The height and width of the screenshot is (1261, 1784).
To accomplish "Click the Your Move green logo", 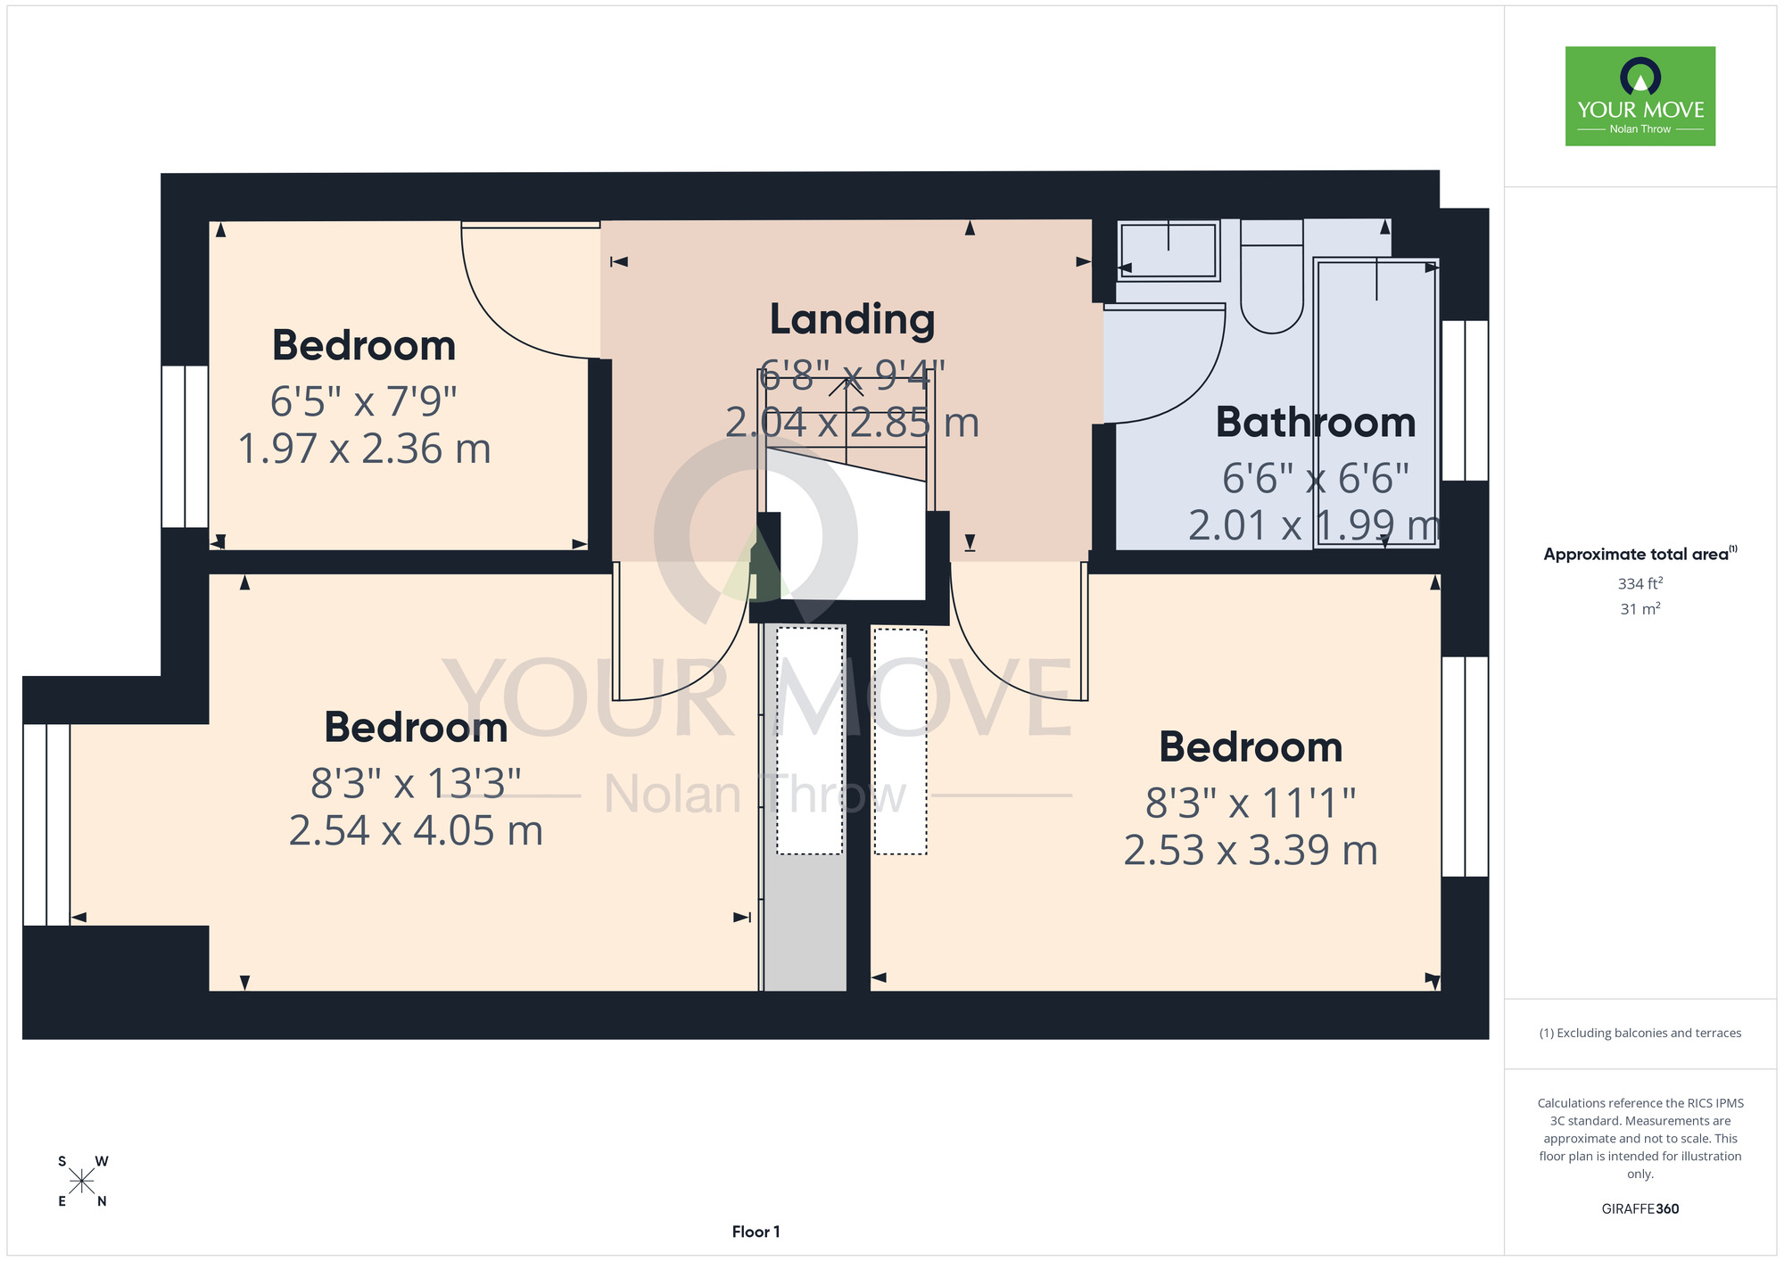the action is pos(1639,96).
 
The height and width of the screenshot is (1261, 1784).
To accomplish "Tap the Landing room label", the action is pos(852,320).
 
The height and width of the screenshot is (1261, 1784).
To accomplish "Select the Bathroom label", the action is pos(1316,423).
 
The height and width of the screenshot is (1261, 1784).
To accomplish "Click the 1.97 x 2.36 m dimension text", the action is pos(364,449).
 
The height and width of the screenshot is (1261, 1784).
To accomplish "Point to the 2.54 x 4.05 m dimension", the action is pos(416,830).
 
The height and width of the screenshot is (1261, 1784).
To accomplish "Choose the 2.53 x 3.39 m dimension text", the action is pos(1251,851).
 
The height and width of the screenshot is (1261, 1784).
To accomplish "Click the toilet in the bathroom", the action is pos(1272,276).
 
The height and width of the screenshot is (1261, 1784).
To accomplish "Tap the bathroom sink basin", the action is pos(1168,251).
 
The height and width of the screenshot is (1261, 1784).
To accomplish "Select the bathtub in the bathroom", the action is pos(1375,403).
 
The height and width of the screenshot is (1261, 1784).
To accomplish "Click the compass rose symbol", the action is pos(82,1182).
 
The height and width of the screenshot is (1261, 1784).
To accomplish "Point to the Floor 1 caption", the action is pos(756,1232).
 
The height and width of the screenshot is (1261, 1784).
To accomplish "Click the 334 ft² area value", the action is pos(1640,583).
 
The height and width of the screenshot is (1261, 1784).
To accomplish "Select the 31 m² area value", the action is pos(1640,609).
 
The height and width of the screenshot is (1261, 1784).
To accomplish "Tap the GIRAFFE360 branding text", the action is pos(1640,1209).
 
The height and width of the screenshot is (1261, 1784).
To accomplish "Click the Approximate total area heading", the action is pos(1640,554).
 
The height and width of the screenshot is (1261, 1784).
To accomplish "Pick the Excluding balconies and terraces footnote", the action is pos(1640,1034).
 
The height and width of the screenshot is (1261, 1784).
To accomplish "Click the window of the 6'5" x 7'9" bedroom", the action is pos(185,446).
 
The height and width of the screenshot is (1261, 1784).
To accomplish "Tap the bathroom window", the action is pos(1465,400).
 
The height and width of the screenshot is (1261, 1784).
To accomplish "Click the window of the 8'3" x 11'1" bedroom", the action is pos(1465,767).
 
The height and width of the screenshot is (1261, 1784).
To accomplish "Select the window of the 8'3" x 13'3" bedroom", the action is pos(46,825).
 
